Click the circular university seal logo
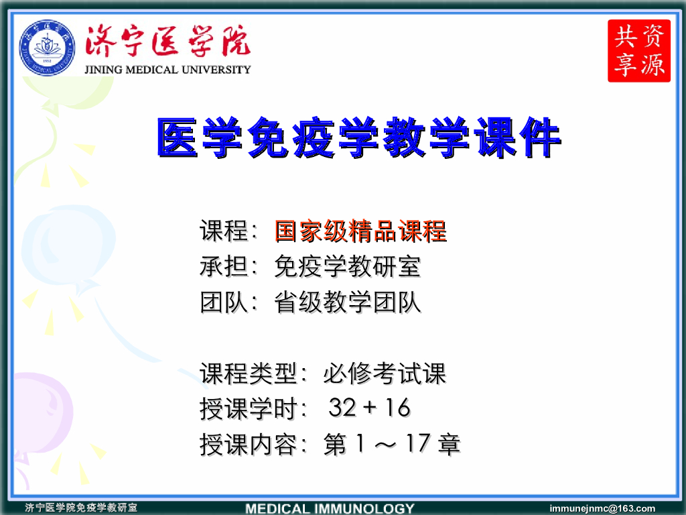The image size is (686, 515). click(x=47, y=49)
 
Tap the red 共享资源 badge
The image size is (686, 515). click(x=639, y=51)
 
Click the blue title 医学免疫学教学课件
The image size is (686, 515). click(x=358, y=139)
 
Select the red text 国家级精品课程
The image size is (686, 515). click(x=360, y=231)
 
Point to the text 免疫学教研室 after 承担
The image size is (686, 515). click(x=348, y=267)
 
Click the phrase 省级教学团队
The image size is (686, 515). click(x=348, y=302)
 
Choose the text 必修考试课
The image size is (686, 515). click(x=385, y=374)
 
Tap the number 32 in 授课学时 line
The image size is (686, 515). click(x=342, y=408)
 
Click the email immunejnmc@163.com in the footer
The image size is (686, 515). click(x=602, y=508)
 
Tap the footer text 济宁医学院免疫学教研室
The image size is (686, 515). click(x=81, y=508)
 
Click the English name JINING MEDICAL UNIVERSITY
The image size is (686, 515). click(x=167, y=69)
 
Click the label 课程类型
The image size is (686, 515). click(x=248, y=374)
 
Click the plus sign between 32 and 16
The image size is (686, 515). click(x=370, y=408)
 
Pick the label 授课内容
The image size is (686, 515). click(x=248, y=444)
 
